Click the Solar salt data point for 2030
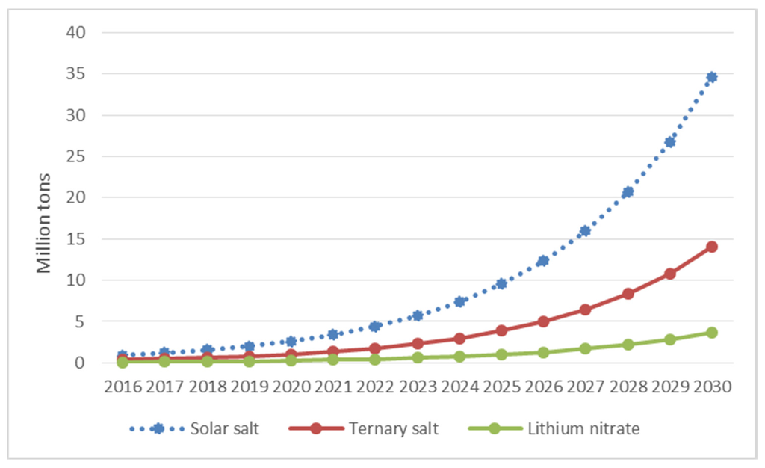(711, 77)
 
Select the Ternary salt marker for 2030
(711, 247)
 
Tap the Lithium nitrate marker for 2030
(711, 333)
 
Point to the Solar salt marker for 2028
(628, 192)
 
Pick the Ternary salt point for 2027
(585, 310)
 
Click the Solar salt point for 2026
(543, 261)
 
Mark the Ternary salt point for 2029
(669, 274)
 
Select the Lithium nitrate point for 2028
(628, 345)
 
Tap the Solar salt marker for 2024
(459, 301)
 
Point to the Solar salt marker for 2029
(669, 142)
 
